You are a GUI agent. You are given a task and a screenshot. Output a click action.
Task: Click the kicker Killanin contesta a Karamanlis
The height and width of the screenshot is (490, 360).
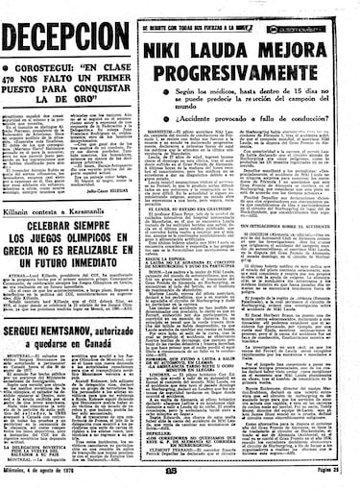coord(60,195)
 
